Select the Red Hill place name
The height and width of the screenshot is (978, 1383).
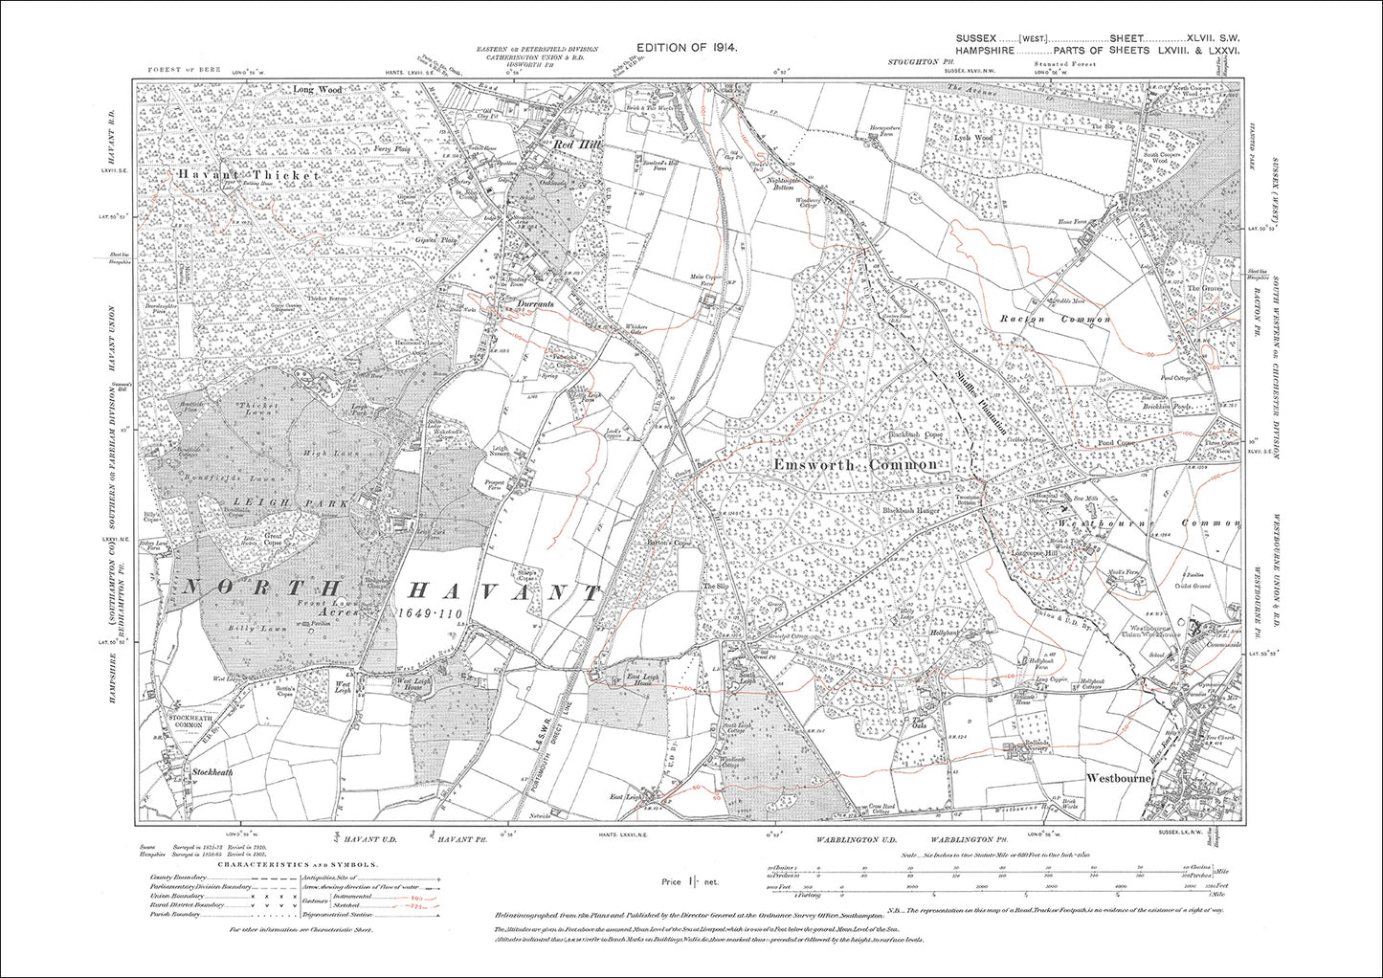pyautogui.click(x=571, y=144)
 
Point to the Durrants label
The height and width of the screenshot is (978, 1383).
pyautogui.click(x=535, y=303)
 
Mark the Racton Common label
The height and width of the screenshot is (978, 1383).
pyautogui.click(x=1054, y=319)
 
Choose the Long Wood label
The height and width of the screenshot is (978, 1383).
pyautogui.click(x=317, y=90)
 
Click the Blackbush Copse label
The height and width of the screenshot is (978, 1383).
pyautogui.click(x=914, y=435)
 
